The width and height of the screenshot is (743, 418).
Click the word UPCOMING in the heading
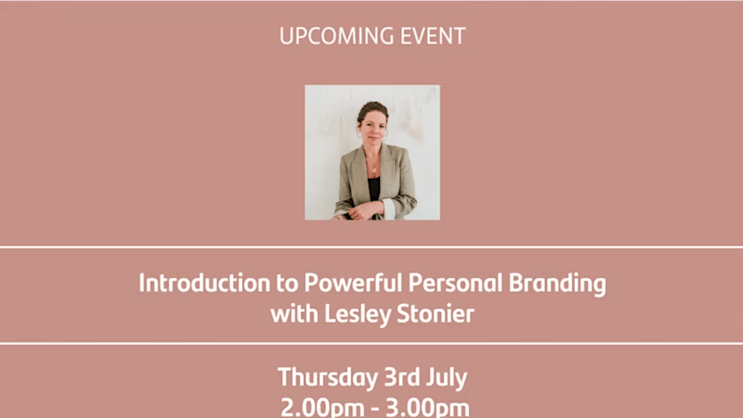click(337, 36)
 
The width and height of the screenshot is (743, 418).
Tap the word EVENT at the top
click(433, 36)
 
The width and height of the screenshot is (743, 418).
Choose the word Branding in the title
click(557, 284)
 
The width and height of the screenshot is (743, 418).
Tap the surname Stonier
click(435, 314)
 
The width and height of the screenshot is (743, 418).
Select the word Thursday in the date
click(328, 378)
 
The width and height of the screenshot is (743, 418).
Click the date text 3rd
click(402, 377)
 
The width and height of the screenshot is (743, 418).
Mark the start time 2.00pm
click(323, 408)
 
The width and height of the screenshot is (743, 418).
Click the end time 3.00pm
click(428, 408)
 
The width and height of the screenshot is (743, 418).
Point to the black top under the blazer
click(374, 189)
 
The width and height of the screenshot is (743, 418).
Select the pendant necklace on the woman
click(374, 170)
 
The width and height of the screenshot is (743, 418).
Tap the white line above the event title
click(371, 247)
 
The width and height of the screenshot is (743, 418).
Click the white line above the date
click(371, 344)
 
